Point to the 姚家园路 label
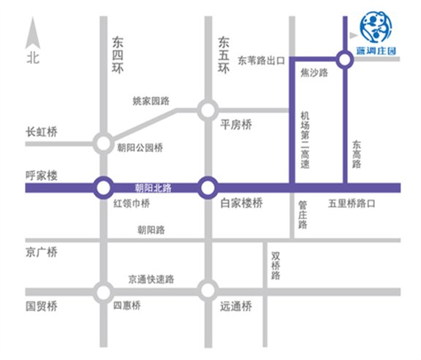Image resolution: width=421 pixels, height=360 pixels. click(x=151, y=101)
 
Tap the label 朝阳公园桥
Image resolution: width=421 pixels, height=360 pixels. click(x=140, y=147)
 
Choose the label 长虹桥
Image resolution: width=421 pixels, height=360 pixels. click(x=42, y=132)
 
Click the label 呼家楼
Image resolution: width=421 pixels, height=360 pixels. click(x=42, y=176)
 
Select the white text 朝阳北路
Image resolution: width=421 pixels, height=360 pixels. click(x=153, y=188)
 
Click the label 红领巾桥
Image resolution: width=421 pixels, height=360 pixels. click(x=130, y=204)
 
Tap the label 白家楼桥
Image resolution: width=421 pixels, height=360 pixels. click(x=241, y=204)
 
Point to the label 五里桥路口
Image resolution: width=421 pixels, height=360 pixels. click(x=352, y=204)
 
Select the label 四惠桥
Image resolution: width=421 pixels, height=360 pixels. click(x=127, y=307)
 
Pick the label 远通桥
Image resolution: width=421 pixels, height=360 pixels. click(x=235, y=307)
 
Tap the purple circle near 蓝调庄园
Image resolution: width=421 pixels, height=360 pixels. click(x=344, y=59)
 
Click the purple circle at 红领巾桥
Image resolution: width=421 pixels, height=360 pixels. click(x=103, y=188)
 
